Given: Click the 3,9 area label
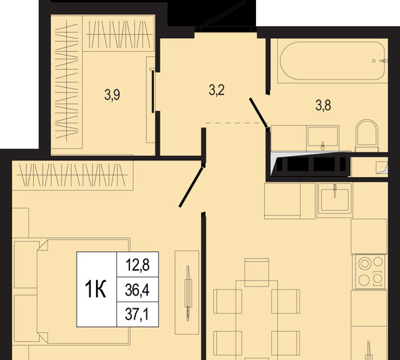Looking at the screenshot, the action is [x=112, y=94].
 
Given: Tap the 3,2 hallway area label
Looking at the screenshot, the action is [x=217, y=90].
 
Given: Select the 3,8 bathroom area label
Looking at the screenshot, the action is [x=323, y=105].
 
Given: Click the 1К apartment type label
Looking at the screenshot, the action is [x=95, y=289].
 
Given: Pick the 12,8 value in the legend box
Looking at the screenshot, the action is [x=137, y=265].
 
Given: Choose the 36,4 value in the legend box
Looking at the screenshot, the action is [x=137, y=290].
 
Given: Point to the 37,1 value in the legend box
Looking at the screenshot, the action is [x=137, y=314].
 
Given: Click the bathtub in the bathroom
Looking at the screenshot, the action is [x=332, y=61].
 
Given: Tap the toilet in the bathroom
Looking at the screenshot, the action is [x=367, y=136].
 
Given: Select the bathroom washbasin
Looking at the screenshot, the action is [x=323, y=138].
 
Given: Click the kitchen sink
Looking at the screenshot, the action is [x=335, y=200].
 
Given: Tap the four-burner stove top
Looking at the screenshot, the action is [x=370, y=271].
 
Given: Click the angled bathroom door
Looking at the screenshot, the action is [x=259, y=112].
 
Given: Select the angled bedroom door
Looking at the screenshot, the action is [x=191, y=187].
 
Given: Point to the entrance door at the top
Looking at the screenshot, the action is [x=223, y=14].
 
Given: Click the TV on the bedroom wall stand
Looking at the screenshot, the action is [x=188, y=293].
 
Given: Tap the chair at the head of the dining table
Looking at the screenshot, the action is [x=257, y=272].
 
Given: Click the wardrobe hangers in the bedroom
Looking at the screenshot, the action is [x=73, y=175].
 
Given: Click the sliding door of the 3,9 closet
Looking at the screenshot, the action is [x=153, y=91].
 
